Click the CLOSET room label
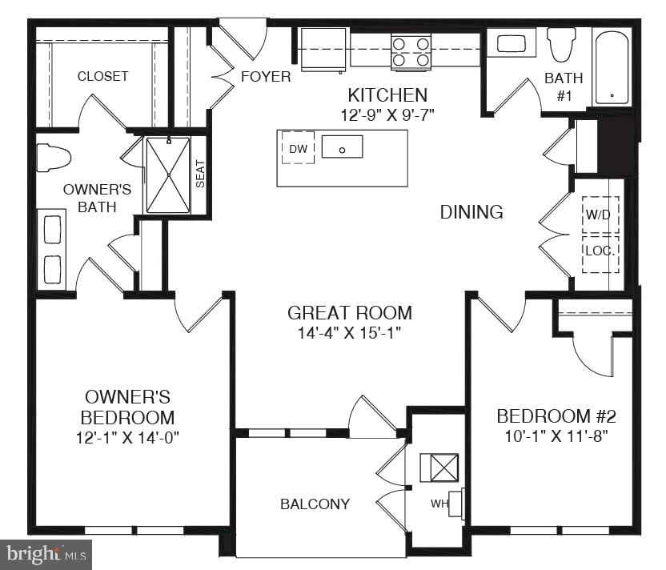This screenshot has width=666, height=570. pyautogui.click(x=102, y=77)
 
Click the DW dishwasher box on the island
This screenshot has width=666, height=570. pyautogui.click(x=298, y=148)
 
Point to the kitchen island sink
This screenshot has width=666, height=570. pyautogui.click(x=342, y=147)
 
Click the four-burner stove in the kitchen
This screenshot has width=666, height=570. pyautogui.click(x=411, y=50)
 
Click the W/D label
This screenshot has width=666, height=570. pyautogui.click(x=600, y=215)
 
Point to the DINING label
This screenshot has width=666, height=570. pyautogui.click(x=471, y=212)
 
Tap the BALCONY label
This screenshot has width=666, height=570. pyautogui.click(x=315, y=504)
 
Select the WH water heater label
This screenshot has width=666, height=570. pyautogui.click(x=438, y=504)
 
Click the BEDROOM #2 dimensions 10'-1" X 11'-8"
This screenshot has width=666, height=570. pyautogui.click(x=556, y=437)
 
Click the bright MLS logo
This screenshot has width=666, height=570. pyautogui.click(x=46, y=553)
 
